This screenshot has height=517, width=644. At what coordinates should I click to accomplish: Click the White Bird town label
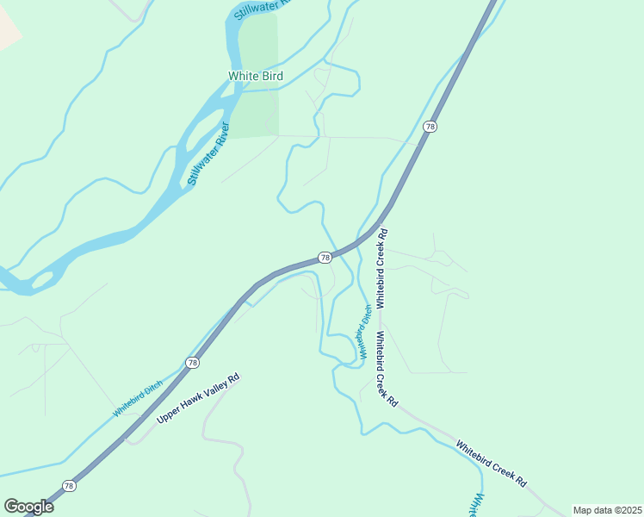coord(255,76)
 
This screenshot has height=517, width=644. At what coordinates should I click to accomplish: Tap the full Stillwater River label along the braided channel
coord(208,154)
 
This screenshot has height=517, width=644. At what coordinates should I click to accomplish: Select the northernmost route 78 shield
coord(430,128)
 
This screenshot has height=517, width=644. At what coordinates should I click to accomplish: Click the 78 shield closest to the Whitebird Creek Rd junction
coord(325,258)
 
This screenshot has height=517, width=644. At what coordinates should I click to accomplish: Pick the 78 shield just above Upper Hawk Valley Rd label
coord(191,363)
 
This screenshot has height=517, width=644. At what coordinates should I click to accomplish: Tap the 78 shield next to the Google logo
coord(69,486)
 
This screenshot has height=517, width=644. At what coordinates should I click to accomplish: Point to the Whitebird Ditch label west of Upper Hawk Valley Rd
coord(138,401)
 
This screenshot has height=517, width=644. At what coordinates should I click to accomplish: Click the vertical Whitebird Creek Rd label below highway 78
coord(381,268)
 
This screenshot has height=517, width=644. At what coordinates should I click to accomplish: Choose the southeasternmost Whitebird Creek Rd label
coord(491,464)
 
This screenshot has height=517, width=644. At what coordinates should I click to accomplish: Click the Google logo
coord(28,506)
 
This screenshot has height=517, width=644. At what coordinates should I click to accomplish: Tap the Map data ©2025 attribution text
coord(607,510)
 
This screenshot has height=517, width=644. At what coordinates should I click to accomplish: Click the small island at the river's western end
coord(41,280)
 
